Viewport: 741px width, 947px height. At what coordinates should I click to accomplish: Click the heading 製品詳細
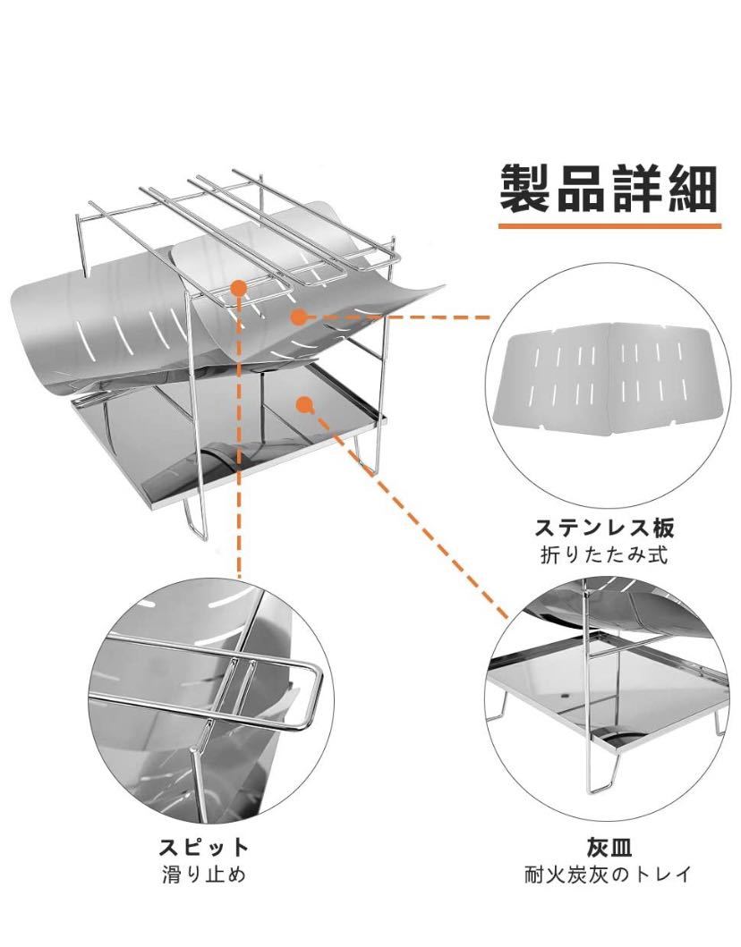(x=609, y=188)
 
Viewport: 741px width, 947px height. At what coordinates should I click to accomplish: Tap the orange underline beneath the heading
(x=609, y=226)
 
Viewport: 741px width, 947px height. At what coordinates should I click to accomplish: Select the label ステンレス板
(x=604, y=525)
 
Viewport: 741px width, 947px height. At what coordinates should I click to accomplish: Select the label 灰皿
(x=609, y=845)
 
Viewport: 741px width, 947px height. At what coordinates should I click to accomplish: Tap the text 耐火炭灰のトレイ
(x=609, y=875)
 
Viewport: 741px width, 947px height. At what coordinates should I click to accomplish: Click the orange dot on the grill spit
(x=238, y=288)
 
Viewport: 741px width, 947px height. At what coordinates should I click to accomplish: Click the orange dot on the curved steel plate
(x=299, y=316)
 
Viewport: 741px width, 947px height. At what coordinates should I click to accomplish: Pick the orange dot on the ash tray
(x=305, y=403)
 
